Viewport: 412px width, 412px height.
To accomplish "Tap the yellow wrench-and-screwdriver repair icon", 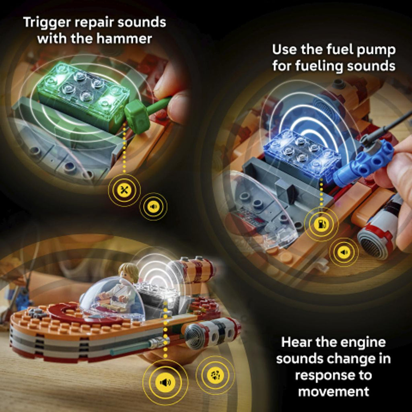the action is pyautogui.click(x=124, y=190).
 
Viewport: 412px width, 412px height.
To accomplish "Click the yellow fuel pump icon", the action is pyautogui.click(x=321, y=224).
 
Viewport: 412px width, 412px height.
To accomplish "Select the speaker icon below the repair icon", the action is pyautogui.click(x=153, y=206).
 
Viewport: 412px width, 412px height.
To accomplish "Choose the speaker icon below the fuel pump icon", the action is pyautogui.click(x=344, y=252).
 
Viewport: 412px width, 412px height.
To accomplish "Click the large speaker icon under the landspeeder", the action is pyautogui.click(x=165, y=382).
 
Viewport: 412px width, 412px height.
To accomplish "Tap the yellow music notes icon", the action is pyautogui.click(x=215, y=375).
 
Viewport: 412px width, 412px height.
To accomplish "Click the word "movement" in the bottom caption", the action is pyautogui.click(x=334, y=391).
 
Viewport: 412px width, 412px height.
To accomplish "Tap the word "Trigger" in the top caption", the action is pyautogui.click(x=47, y=23).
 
